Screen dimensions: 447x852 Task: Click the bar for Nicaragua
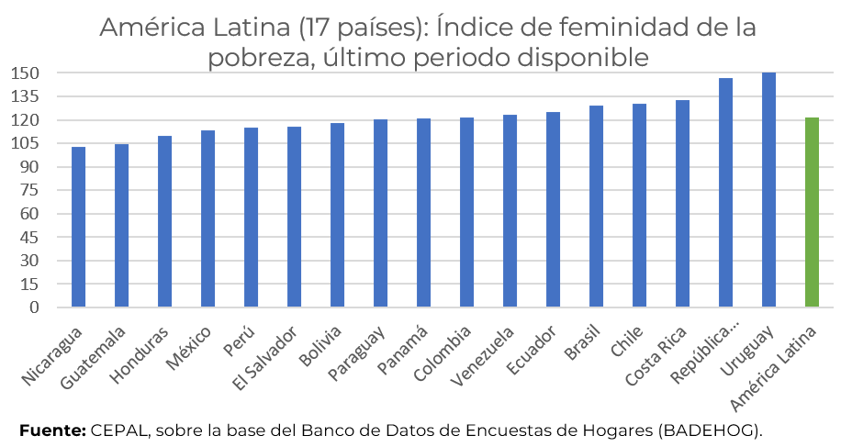pyautogui.click(x=78, y=227)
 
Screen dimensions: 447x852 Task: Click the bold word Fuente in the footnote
pyautogui.click(x=51, y=430)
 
